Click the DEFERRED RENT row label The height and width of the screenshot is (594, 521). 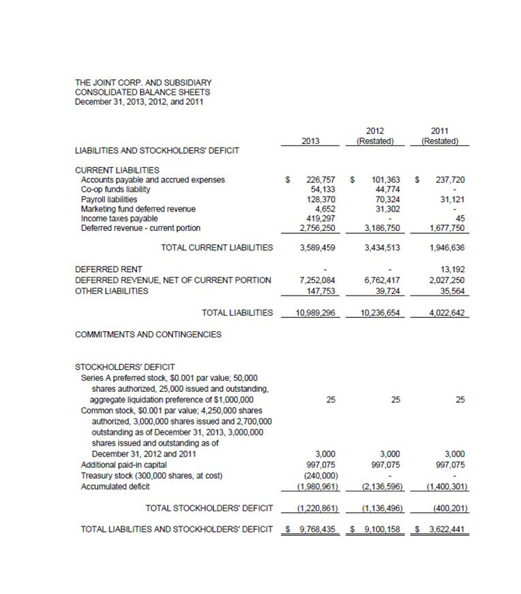coord(108,269)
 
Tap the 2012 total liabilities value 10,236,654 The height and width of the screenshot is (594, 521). coord(381,313)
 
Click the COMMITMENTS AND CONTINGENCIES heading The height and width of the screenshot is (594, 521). coord(148,335)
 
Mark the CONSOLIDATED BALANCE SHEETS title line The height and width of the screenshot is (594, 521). coord(142,92)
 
